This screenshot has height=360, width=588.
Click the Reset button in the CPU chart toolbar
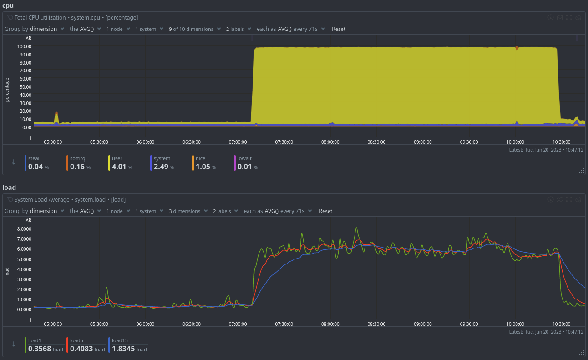pos(338,29)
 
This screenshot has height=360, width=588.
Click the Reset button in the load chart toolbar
pos(325,211)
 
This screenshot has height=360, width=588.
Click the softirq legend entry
pos(77,158)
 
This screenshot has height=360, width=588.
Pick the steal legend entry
pos(34,158)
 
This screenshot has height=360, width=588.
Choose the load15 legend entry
pos(120,340)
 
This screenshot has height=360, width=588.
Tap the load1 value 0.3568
pos(40,349)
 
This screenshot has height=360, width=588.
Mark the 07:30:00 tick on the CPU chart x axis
pos(284,142)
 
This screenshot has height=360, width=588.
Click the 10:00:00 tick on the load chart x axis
pos(515,324)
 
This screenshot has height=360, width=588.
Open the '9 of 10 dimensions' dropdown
pos(191,29)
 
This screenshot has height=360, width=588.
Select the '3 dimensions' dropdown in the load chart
pos(184,211)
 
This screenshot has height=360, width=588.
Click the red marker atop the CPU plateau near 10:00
pos(517,48)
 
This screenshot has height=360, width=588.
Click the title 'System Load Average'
pos(42,199)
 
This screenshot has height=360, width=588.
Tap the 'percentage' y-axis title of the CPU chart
pos(7,90)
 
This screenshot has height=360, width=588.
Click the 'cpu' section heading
pos(7,5)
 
